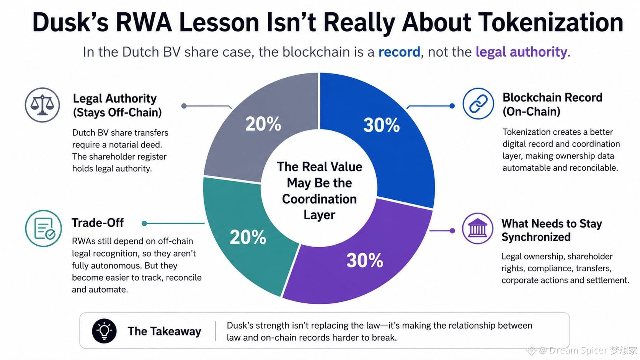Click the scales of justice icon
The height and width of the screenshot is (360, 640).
coord(42,105)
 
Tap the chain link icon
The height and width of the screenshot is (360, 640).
coord(478,103)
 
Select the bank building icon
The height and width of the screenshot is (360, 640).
coord(477,228)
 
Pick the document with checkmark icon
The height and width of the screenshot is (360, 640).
coord(43,228)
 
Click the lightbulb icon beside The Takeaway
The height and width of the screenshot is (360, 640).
coord(104,331)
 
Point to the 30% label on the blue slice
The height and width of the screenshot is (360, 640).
coord(381,125)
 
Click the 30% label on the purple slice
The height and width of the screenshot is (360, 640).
coord(364,261)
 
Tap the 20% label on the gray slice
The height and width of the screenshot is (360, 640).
coord(263,124)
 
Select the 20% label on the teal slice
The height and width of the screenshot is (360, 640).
coord(248,237)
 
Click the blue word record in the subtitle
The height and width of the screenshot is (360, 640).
coord(399,52)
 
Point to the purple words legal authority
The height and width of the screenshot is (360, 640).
coord(521,52)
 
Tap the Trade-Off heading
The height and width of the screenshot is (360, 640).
coord(98,223)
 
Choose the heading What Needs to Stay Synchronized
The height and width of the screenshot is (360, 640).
coord(552,230)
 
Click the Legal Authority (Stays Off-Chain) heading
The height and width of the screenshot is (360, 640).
coord(118,105)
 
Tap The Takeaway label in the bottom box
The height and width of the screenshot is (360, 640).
coord(164,331)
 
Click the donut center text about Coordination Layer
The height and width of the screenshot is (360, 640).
coord(320,191)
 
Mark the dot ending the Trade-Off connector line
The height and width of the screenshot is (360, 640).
coord(144,223)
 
